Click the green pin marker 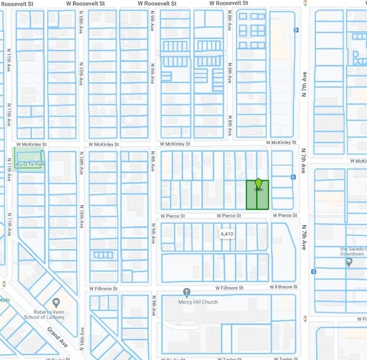[259, 184]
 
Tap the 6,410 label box [227, 234]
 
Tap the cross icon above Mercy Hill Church [187, 292]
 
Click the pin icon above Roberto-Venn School [56, 302]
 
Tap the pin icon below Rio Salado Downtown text [349, 262]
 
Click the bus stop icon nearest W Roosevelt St [296, 29]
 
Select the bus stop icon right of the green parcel [293, 177]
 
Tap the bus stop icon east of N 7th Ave [314, 271]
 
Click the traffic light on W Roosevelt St [305, 3]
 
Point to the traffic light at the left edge [4, 284]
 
